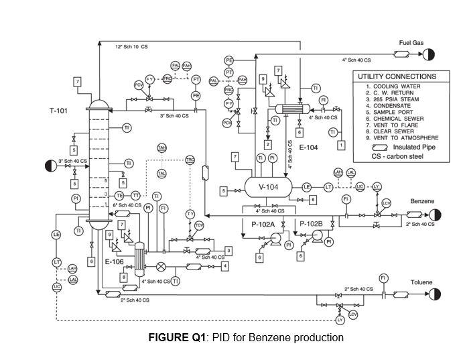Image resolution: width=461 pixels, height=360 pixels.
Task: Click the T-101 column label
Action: coord(58,111)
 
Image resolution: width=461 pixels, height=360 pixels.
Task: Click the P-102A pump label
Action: coord(264,223)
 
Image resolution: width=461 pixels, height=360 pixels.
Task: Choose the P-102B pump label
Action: coord(311,223)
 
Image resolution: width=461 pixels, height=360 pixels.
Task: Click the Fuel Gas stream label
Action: coord(411,42)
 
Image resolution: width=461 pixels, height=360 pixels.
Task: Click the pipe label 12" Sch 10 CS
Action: coord(131,47)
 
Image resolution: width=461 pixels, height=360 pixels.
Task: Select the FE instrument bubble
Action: coord(196,96)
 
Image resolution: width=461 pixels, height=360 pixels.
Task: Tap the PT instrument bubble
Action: coord(229,72)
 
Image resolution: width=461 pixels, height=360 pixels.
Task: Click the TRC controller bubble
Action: coord(190,160)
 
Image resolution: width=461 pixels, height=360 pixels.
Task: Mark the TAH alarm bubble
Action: coord(162,147)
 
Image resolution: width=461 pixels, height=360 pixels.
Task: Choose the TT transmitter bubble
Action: coord(136,195)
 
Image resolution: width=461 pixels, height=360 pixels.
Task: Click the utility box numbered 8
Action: coord(123,268)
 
